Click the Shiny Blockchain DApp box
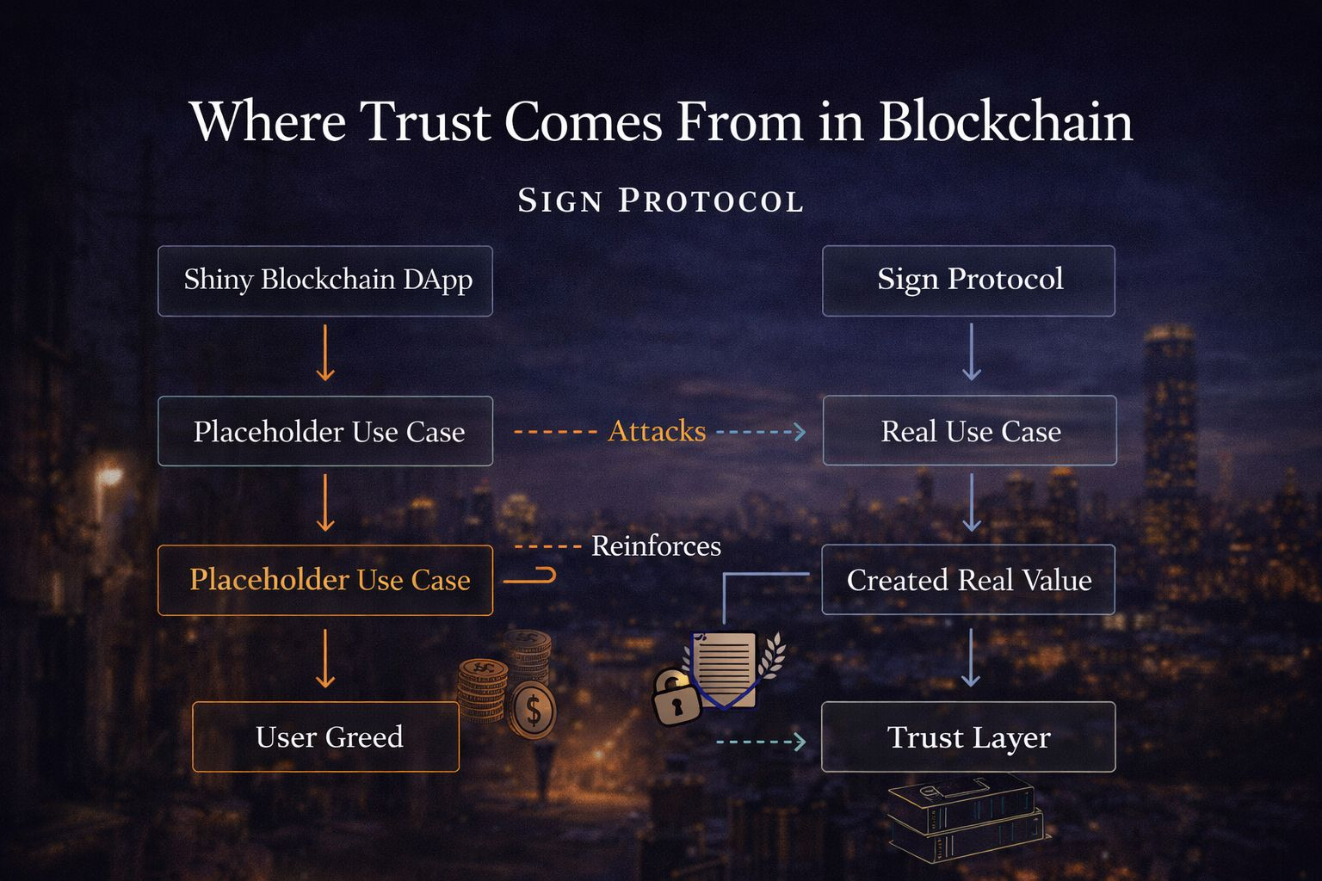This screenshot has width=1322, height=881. [325, 280]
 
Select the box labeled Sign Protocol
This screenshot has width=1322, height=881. [968, 280]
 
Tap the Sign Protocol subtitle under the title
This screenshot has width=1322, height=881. [661, 200]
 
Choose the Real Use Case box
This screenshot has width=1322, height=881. [969, 431]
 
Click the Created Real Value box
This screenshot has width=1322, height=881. [968, 580]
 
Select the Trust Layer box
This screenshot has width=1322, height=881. [968, 737]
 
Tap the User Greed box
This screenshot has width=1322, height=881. [326, 737]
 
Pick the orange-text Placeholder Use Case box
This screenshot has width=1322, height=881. [325, 580]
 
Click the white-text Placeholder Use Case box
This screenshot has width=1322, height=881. [325, 431]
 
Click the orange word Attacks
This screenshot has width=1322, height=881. [657, 431]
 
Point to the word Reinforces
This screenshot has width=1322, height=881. [656, 546]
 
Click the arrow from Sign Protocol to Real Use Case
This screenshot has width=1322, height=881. [971, 353]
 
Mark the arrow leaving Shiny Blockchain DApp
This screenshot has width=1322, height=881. [325, 353]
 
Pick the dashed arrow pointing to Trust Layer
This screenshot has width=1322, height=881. [761, 741]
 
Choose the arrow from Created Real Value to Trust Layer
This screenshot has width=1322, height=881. [971, 657]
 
